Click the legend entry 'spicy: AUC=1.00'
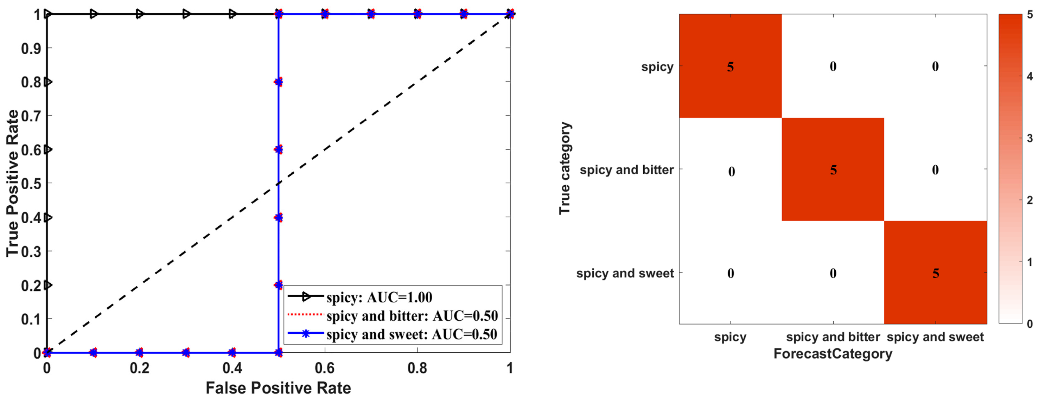point(379,297)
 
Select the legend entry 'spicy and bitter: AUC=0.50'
point(412,316)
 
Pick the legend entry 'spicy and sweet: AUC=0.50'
point(412,334)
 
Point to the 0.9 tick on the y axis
point(31,49)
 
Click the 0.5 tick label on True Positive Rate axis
point(31,184)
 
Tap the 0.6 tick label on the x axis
point(324,368)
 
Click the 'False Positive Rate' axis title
point(278,388)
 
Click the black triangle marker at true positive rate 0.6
point(48,149)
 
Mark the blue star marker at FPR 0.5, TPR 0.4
point(278,218)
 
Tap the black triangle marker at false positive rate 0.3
point(186,14)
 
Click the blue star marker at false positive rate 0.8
point(417,14)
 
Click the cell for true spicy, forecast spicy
point(730,66)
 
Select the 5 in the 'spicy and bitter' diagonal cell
point(833,170)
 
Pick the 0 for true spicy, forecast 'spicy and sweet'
point(935,66)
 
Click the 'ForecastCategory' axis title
point(833,354)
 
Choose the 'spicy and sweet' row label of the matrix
point(625,273)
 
